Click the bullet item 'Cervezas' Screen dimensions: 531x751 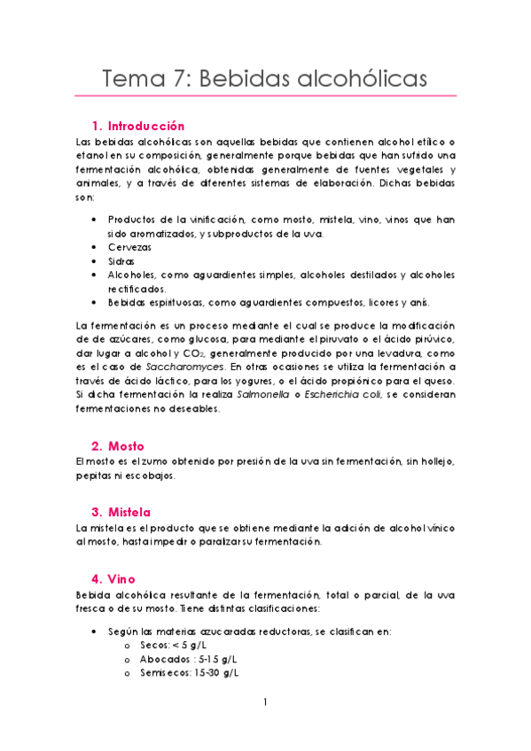[129, 247]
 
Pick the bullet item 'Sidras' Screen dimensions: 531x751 [121, 261]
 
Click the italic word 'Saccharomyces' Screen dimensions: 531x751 [189, 367]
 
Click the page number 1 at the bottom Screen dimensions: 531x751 [265, 703]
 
